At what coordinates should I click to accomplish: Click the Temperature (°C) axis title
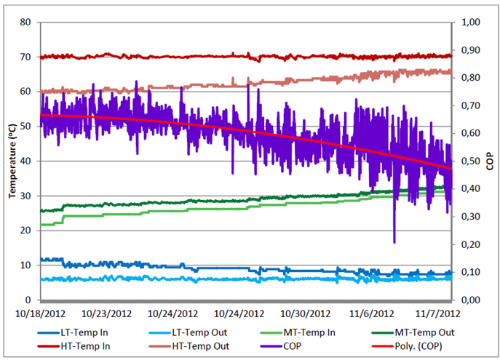12,161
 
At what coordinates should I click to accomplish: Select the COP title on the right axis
491,161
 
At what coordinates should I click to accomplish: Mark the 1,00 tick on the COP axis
469,23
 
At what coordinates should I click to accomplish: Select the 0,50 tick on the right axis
469,161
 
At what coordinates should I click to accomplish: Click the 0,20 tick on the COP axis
469,244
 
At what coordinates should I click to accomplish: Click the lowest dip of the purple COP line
394,242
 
